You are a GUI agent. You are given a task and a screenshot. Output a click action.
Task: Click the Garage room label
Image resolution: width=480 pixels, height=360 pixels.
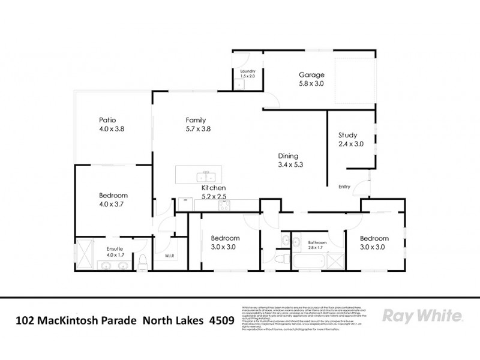tap(311, 75)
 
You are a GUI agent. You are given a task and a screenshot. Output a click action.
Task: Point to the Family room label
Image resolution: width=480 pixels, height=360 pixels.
tap(196, 119)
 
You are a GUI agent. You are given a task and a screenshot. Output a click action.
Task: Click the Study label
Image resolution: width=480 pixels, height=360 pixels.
tap(347, 134)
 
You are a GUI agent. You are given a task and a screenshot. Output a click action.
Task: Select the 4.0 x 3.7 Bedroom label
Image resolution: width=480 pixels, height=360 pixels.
tap(113, 196)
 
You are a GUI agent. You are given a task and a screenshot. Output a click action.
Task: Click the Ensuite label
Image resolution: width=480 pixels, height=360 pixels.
tap(115, 248)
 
